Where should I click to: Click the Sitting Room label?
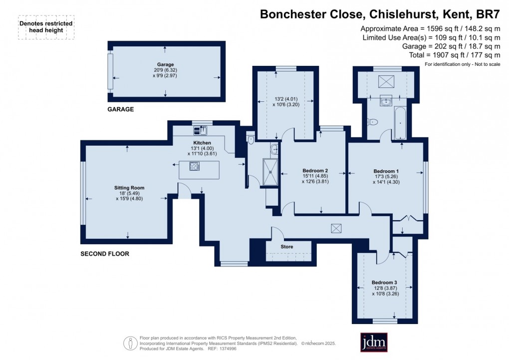[x=129, y=188]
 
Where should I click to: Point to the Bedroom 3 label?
[x=385, y=282]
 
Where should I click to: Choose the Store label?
[x=287, y=247]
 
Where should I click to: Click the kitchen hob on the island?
[x=195, y=166]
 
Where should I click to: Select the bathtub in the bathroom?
[x=401, y=122]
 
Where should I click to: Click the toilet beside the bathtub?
[x=372, y=121]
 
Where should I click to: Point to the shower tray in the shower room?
[x=270, y=172]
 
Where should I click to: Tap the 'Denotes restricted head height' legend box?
[x=46, y=27]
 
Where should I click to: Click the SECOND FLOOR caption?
[x=105, y=254]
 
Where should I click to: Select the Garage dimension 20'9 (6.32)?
[x=165, y=70]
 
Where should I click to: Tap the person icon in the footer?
[x=131, y=343]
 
